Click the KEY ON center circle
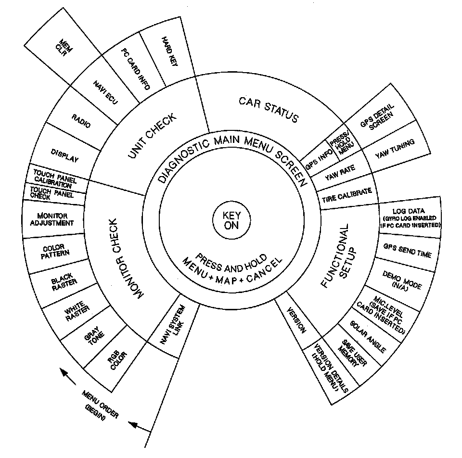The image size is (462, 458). coord(231,221)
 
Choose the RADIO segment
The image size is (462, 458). coord(80,120)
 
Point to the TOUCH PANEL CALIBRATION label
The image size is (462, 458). coord(54,178)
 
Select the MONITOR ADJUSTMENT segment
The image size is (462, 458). coord(55,219)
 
